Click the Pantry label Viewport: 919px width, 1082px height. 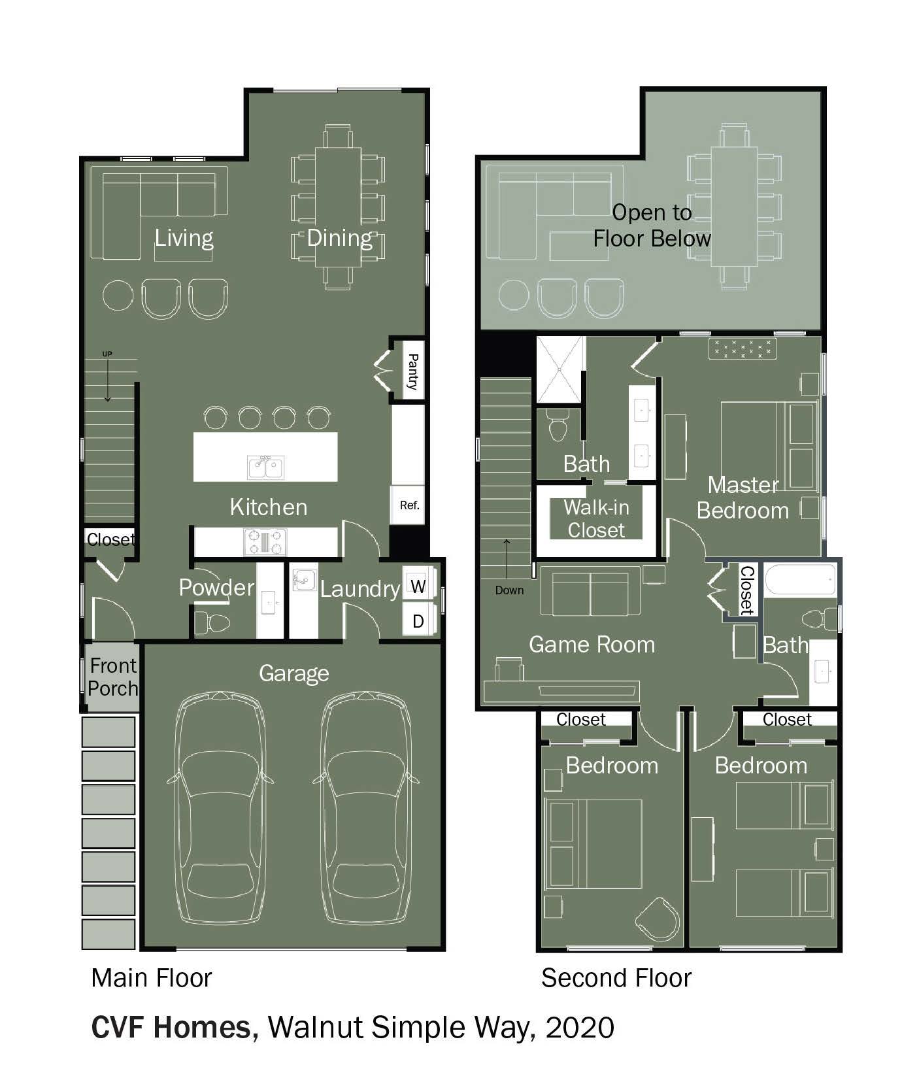[413, 371]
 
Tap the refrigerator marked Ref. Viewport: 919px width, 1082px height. [408, 505]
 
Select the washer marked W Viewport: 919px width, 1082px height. [418, 584]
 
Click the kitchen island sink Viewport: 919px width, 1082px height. [265, 467]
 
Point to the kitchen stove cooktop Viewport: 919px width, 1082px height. [265, 542]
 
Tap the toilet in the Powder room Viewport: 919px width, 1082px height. [213, 623]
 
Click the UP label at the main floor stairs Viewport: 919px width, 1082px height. [107, 354]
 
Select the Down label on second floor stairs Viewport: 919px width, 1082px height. [509, 590]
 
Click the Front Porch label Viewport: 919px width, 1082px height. [114, 677]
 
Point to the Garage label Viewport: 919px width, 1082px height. [293, 673]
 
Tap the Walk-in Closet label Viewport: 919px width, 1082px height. [596, 518]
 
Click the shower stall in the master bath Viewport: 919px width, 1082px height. [560, 369]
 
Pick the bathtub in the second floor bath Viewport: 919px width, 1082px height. [801, 579]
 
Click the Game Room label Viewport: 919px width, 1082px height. [592, 645]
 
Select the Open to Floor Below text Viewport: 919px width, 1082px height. [652, 226]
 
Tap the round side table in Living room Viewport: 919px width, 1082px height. [118, 295]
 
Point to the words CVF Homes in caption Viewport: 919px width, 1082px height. [172, 1027]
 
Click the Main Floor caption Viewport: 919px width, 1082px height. [152, 979]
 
